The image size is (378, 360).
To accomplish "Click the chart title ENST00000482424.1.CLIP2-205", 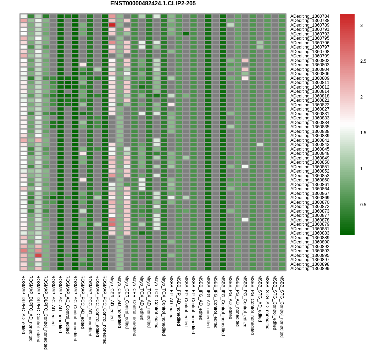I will tap(153, 4).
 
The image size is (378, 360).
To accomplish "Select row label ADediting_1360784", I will tap(310, 16).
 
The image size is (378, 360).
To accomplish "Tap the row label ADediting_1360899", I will tap(310, 269).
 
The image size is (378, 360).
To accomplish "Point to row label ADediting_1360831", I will tap(310, 114).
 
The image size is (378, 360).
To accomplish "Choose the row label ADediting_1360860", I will tap(310, 180).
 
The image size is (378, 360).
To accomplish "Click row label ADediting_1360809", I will tap(310, 78).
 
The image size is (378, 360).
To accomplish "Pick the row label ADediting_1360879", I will tap(310, 224).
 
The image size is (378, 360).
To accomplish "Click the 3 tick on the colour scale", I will tap(361, 26).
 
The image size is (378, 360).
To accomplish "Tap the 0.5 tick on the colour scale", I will tap(363, 205).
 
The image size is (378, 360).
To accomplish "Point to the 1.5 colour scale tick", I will tap(363, 133).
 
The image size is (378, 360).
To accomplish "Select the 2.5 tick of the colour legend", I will tap(363, 61).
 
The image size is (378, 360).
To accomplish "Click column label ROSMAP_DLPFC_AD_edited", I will tap(23, 304).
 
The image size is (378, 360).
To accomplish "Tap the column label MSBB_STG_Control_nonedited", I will tap(282, 306).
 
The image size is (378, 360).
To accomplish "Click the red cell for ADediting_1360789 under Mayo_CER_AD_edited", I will tap(112, 25).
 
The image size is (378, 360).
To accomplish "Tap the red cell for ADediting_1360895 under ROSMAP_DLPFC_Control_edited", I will tap(38, 255).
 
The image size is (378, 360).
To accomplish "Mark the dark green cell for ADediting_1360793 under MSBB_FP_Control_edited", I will tap(186, 34).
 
